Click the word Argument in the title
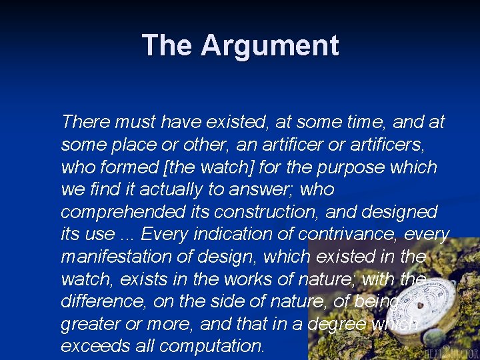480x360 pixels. tap(270, 46)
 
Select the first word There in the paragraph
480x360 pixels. tap(85, 122)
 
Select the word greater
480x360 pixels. tap(87, 325)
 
